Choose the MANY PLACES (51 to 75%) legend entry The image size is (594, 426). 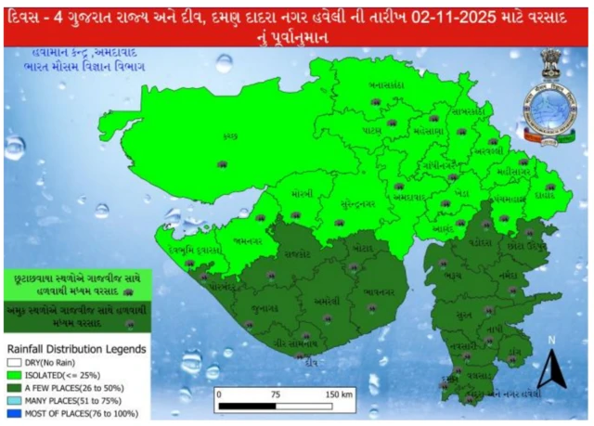pos(71,401)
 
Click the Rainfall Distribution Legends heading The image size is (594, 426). pos(74,350)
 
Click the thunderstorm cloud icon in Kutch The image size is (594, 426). pos(221,164)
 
